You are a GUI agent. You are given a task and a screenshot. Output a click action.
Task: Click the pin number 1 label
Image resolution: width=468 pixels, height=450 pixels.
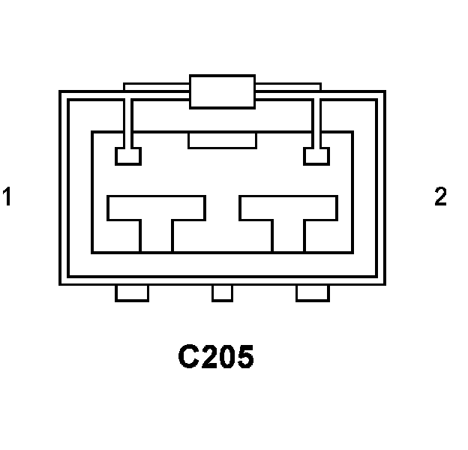(7, 197)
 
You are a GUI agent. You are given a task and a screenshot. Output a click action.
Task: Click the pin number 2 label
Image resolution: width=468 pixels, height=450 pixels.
(440, 197)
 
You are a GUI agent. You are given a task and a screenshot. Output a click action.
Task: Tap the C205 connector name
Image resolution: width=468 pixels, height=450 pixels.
(216, 357)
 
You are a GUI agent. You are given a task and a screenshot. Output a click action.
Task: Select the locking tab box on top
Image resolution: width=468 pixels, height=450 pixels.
(222, 91)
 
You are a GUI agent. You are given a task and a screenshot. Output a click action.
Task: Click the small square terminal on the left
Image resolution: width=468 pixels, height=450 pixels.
(127, 156)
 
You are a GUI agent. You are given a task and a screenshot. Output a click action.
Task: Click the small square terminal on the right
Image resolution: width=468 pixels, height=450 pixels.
(316, 156)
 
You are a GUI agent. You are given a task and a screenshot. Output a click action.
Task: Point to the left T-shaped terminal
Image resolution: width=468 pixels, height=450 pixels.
(156, 208)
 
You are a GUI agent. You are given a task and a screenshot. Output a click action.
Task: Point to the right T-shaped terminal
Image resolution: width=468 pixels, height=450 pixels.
(289, 208)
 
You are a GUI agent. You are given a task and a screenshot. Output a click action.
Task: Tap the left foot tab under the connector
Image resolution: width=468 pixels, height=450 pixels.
(132, 293)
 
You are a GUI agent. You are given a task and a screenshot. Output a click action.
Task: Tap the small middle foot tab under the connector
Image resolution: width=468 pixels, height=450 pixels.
(222, 293)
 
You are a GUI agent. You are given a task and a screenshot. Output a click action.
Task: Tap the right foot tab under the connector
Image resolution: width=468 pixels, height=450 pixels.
(313, 293)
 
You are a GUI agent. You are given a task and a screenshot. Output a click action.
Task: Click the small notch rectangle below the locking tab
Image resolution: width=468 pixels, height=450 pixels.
(222, 140)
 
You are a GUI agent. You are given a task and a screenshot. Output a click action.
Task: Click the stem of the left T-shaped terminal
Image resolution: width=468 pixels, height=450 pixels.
(156, 236)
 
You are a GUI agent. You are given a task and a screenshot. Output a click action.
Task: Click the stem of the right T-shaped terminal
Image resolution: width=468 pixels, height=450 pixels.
(289, 236)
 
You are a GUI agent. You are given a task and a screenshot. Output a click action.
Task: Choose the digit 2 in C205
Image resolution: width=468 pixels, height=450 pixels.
(207, 357)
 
